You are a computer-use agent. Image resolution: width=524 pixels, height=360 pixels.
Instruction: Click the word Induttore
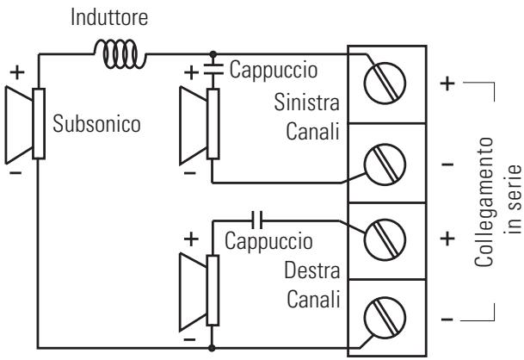click(109, 17)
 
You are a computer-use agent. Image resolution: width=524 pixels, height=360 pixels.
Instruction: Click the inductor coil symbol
click(120, 54)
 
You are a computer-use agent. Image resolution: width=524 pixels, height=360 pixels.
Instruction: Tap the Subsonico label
click(96, 124)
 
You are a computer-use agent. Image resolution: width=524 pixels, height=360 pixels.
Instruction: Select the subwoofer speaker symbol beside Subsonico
click(25, 124)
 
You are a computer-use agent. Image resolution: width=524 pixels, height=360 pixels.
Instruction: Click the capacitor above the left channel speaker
click(213, 70)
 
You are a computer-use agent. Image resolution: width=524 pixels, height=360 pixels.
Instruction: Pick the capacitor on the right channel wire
click(256, 220)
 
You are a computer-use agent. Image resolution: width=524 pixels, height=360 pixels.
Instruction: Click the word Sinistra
click(307, 102)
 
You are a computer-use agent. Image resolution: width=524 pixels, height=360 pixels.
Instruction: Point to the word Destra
click(312, 270)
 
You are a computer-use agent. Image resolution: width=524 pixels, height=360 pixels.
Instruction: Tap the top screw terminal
click(385, 83)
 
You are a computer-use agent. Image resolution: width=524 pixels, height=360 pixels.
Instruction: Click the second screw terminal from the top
click(385, 164)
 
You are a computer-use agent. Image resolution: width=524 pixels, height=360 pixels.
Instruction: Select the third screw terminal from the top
click(385, 239)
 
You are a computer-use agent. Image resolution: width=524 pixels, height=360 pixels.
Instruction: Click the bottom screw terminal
click(385, 318)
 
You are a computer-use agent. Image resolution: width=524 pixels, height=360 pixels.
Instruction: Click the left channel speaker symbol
click(200, 125)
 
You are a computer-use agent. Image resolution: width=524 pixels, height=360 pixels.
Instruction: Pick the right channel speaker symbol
click(200, 292)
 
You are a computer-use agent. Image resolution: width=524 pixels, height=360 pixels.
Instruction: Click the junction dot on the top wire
click(213, 54)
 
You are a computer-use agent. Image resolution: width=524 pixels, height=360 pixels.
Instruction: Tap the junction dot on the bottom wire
click(212, 348)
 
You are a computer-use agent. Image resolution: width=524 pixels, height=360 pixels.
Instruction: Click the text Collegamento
click(484, 202)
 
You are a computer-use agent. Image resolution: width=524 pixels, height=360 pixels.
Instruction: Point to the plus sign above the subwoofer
click(17, 72)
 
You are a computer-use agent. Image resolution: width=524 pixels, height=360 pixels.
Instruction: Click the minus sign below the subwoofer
click(15, 172)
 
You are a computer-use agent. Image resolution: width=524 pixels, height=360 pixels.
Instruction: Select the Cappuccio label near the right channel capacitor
click(268, 241)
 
